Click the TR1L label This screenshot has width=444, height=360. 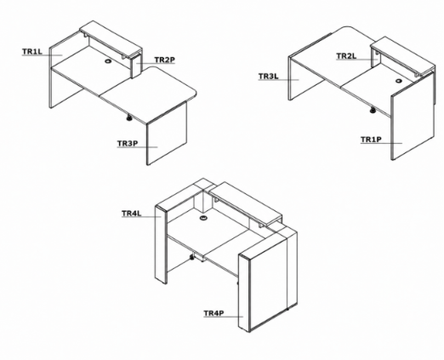pos(32,52)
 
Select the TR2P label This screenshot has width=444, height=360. pos(164,60)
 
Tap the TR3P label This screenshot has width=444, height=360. pos(128,144)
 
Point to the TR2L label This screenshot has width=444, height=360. pos(346,56)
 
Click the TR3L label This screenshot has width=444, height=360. pos(268,77)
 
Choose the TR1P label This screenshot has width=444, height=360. pos(371,140)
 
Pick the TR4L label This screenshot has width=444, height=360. pos(131,214)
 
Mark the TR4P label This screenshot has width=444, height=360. pos(213,313)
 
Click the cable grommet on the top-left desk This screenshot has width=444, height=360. pos(108,61)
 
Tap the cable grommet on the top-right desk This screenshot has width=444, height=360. pos(399,81)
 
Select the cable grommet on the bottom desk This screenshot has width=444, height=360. pos(203,218)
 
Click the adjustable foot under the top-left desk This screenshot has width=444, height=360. pos(129,117)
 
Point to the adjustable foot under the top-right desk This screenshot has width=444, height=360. pos(373,110)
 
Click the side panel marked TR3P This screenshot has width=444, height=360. pos(167,133)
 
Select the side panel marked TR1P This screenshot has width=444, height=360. pos(413,117)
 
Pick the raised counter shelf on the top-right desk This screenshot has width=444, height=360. pos(402,55)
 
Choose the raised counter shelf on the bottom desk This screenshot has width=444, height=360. pos(245,203)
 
